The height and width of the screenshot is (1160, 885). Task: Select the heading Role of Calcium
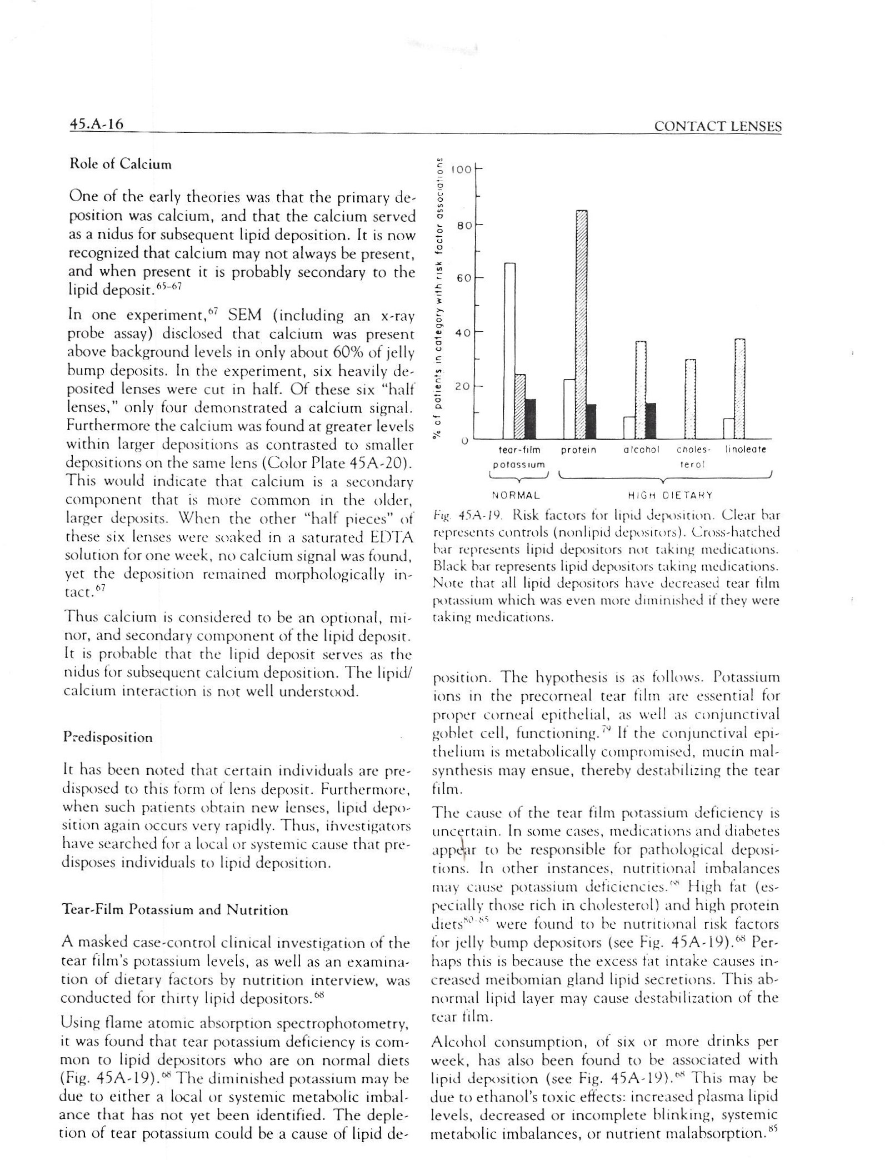(120, 165)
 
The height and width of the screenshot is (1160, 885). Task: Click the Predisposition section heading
(108, 738)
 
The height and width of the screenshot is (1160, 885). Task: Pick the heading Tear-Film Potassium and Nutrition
(176, 910)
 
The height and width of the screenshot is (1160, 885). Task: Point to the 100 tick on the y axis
(461, 169)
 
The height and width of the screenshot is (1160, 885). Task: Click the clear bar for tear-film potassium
(509, 350)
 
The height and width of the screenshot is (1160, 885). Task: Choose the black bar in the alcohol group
(651, 420)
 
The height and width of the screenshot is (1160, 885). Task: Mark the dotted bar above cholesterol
(690, 399)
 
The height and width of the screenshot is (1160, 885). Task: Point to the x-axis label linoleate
(746, 450)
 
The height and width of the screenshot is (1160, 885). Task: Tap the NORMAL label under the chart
(516, 494)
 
